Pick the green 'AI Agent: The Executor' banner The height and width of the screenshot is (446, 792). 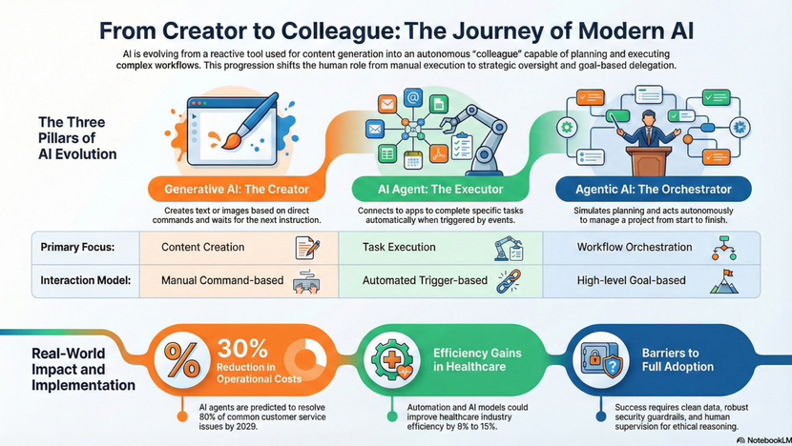pos(440,188)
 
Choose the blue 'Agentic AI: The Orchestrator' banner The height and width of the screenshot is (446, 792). pos(655,188)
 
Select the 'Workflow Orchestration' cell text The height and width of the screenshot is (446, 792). pos(635,247)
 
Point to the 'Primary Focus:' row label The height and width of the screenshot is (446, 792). pos(78,247)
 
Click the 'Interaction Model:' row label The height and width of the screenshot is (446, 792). pos(84,281)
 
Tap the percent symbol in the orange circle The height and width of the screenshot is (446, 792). pos(181,360)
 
